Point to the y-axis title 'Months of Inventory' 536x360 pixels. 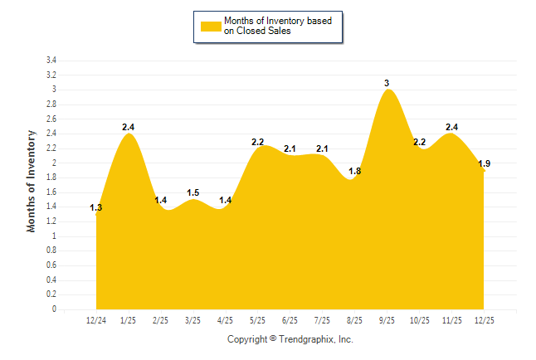(x=32, y=181)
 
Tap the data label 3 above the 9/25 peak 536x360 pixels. (x=387, y=83)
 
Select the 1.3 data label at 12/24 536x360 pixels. (x=96, y=207)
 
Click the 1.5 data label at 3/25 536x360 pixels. (x=192, y=192)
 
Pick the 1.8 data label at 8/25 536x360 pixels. (x=354, y=171)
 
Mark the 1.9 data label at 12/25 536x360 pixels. (x=484, y=163)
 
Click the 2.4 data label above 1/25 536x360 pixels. (x=129, y=127)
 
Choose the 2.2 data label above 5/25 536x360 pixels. (x=257, y=142)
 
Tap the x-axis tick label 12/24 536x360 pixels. (x=96, y=320)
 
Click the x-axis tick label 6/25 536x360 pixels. (x=290, y=320)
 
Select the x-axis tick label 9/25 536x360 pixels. (x=387, y=320)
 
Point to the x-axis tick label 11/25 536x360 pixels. (x=451, y=320)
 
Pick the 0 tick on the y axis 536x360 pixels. (x=54, y=309)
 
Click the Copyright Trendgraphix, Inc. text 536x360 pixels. (x=290, y=339)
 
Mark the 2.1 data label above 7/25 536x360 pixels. (x=322, y=148)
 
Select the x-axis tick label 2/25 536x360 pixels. (x=161, y=320)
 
